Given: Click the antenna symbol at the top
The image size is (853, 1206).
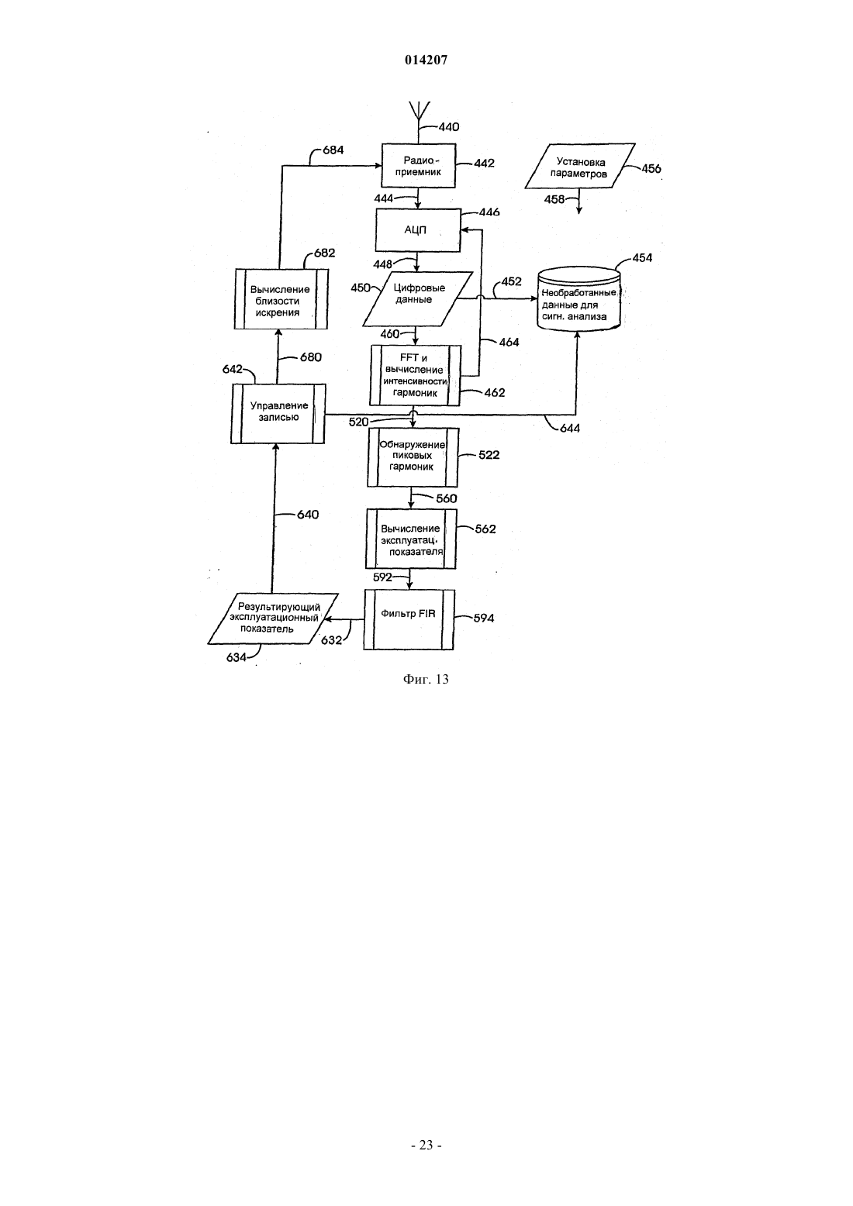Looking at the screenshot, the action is point(419,110).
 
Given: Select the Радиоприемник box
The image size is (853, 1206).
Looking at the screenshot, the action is point(419,166).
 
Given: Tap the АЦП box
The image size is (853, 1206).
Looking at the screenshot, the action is point(418,230).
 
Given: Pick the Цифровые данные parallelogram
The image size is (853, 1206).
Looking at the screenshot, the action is point(417,299).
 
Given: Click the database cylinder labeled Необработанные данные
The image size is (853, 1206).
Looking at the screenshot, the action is point(579,299).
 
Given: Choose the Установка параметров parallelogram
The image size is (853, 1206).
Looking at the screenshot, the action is point(580,166).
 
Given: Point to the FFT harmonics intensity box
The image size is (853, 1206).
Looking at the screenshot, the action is point(415,375).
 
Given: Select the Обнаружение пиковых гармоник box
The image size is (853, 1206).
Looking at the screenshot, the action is point(413,457).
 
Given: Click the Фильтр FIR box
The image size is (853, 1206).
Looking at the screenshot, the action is point(409,620).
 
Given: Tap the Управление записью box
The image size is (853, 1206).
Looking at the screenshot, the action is point(278,413).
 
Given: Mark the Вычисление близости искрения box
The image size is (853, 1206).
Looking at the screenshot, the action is point(281,298).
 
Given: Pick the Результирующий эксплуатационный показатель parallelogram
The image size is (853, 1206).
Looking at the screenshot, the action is point(273,619).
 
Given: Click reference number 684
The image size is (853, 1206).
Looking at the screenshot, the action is point(333,150).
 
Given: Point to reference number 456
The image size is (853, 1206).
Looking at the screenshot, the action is point(651,168).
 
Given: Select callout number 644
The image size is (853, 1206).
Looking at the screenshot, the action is point(570,428).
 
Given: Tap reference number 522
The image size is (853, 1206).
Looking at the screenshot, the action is point(489,455).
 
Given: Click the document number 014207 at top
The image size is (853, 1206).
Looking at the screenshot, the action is point(426,60).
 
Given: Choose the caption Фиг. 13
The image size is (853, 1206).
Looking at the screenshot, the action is point(426,679).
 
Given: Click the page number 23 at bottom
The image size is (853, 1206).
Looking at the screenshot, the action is point(426,1145).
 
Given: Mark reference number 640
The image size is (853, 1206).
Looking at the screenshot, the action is point(308,515).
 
